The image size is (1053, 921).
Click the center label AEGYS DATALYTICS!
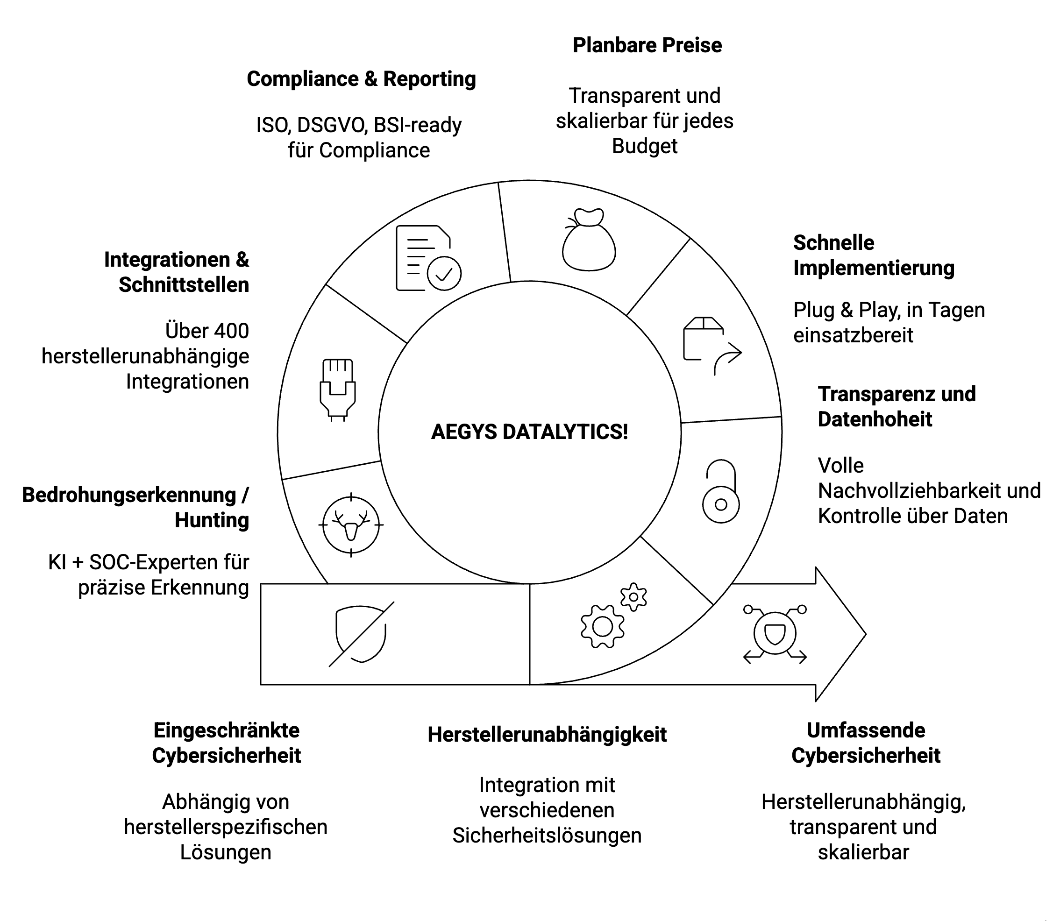(x=529, y=432)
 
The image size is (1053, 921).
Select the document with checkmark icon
(x=428, y=258)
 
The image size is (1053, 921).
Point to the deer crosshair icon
(x=351, y=525)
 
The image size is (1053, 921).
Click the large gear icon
(x=603, y=626)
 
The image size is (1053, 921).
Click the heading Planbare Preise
(x=647, y=45)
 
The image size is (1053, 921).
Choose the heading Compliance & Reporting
(x=361, y=79)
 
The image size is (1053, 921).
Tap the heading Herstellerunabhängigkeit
(x=547, y=735)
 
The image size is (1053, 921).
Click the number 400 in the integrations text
(x=230, y=331)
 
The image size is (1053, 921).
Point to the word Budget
(x=644, y=146)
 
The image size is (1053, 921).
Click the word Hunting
(x=212, y=520)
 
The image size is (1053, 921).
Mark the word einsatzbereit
(x=853, y=335)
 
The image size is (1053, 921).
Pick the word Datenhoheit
(x=875, y=419)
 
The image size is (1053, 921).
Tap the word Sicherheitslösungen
(x=547, y=835)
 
